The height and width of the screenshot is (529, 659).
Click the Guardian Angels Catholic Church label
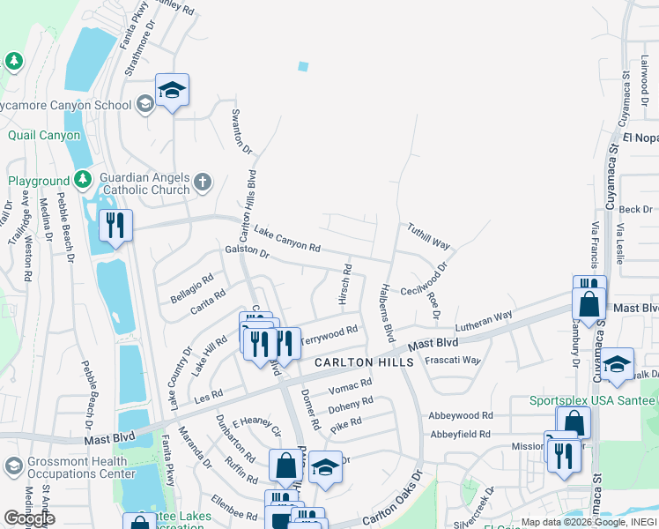point(145,183)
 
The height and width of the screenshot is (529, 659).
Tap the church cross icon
point(203,183)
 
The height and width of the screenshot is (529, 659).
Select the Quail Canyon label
point(44,135)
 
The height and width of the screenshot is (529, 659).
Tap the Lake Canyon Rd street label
point(286,239)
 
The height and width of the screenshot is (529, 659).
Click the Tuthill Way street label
point(428,235)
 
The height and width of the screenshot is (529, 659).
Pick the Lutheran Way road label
point(484,320)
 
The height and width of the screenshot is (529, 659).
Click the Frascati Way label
point(453,360)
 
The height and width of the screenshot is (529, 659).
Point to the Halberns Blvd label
point(384,312)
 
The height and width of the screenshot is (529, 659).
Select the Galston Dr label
point(247,250)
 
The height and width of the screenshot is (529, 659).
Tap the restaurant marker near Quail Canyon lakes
point(115,226)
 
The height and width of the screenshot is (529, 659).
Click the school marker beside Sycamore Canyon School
point(173,90)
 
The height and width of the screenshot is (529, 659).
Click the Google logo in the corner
point(29,518)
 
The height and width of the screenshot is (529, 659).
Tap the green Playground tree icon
point(83,180)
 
